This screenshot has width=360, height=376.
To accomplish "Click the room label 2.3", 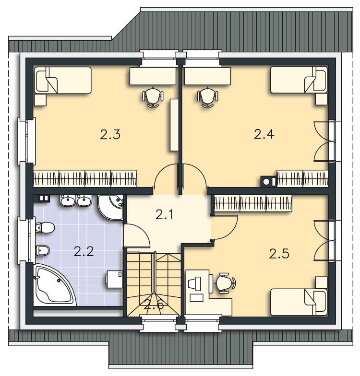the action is point(110,134).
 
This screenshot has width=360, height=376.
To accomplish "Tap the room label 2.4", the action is point(264,134).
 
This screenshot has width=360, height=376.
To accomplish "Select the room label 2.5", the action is point(279,254).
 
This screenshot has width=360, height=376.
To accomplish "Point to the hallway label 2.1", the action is point(164,215).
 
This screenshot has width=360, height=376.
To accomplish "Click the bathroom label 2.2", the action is point(84,252).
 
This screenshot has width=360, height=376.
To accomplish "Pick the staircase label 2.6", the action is point(154,305).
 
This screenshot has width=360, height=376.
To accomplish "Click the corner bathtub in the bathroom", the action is point(55,285).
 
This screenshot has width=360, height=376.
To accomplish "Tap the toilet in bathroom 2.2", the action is point(45,227).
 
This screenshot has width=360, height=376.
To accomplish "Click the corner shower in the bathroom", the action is point(111,207).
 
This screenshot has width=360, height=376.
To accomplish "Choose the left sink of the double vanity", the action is point(68,200).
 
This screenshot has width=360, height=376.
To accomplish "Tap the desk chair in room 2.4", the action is point(208,98).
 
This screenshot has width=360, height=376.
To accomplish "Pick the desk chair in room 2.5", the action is point(226,283).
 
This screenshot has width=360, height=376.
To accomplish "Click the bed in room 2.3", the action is point(63,80).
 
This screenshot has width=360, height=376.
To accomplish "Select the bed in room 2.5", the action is point(299,302).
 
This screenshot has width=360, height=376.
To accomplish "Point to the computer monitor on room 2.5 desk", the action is point(195,284).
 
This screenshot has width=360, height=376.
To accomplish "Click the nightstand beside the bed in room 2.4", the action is point(322,99).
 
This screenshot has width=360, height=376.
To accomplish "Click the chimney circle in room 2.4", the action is point(266,181).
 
